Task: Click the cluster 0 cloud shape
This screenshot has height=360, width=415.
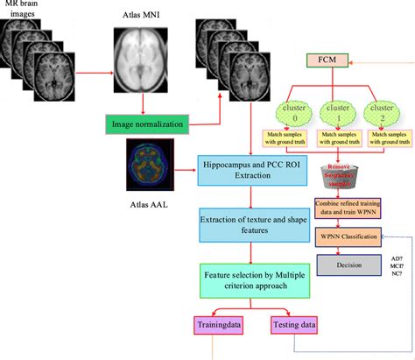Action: point(284,110)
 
